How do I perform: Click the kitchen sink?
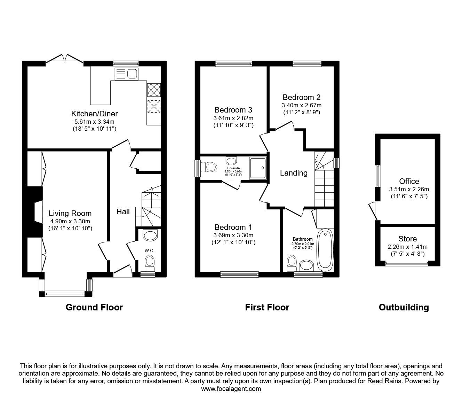click(x=127, y=74)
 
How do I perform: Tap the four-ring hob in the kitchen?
click(x=154, y=90)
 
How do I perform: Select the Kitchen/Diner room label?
click(x=95, y=114)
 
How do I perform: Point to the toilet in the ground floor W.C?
click(x=150, y=263)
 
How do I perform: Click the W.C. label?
click(x=149, y=250)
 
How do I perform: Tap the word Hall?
click(x=123, y=211)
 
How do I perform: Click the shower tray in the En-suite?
click(x=258, y=168)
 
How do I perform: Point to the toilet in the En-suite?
click(x=209, y=167)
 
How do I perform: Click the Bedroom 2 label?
click(x=301, y=98)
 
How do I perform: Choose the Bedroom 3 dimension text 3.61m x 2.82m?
click(x=233, y=118)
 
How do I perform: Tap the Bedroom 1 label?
click(x=233, y=228)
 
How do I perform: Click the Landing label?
click(x=294, y=173)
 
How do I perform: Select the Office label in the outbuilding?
click(x=409, y=181)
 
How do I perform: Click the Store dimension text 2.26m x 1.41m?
click(x=407, y=247)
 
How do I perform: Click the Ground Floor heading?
click(x=94, y=307)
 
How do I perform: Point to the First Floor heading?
click(x=267, y=307)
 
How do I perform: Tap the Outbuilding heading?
click(x=404, y=307)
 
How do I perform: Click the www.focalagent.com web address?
click(x=231, y=389)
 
